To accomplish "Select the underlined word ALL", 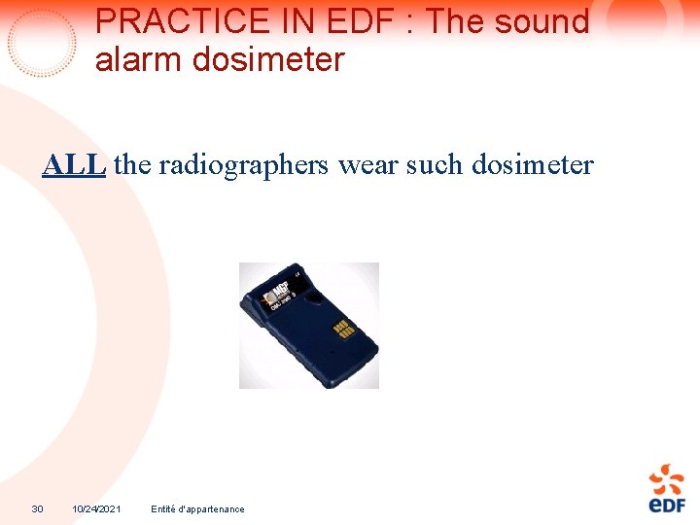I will [74, 165].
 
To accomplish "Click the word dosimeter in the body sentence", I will [532, 165].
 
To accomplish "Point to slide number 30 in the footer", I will [37, 508].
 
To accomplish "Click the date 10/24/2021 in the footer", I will [96, 508].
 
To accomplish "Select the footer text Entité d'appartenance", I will [198, 508].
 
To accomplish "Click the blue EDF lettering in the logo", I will [667, 504].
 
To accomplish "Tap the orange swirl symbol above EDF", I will [667, 478].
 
